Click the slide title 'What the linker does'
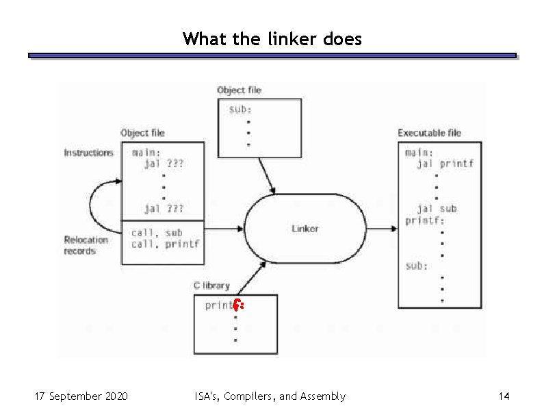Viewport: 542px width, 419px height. (x=272, y=38)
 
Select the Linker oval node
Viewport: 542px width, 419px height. (x=305, y=229)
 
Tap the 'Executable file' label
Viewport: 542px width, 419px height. (x=429, y=133)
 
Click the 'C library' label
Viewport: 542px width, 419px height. (x=211, y=285)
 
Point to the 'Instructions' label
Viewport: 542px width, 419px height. (x=88, y=153)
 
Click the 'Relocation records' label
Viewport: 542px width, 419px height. (x=86, y=245)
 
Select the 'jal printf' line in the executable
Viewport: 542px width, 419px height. (x=445, y=164)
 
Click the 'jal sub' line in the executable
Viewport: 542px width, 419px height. (x=437, y=209)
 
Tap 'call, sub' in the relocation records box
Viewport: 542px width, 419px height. (x=157, y=233)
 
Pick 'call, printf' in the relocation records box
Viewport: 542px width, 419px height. (x=165, y=244)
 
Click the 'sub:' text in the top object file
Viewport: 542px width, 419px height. (x=240, y=110)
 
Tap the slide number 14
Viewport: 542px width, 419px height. (x=504, y=396)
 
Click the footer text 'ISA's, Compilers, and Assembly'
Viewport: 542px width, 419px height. (x=270, y=396)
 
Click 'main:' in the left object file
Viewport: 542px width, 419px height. (x=147, y=153)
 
